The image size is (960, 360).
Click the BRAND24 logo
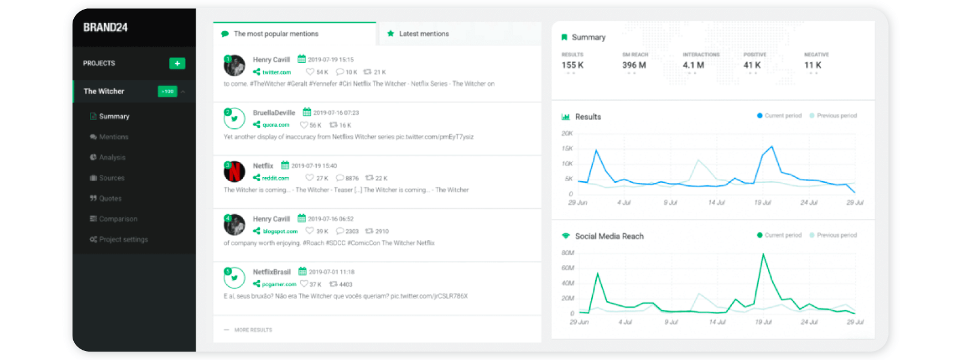coord(105,28)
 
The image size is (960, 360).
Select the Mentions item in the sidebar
coord(113,137)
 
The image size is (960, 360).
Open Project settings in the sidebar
coord(123,239)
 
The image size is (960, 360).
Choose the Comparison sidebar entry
coord(118,219)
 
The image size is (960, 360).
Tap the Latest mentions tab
coord(424,34)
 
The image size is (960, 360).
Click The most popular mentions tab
coord(275,34)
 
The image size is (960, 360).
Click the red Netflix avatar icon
coord(235,172)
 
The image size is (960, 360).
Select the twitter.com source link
coord(276,73)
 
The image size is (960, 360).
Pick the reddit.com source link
coord(275,178)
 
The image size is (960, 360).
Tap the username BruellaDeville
coord(274,113)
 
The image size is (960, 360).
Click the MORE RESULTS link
coord(253,330)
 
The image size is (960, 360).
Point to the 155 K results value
coord(572,65)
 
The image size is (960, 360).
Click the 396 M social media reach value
coord(634,65)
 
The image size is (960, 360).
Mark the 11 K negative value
coord(812,65)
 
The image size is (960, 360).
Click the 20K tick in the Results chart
coord(567,133)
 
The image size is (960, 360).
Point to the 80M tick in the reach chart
coord(568,253)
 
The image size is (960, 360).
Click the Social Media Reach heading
coord(609,236)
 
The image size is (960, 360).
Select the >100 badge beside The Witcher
coord(167,92)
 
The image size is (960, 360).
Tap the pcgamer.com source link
coord(279,284)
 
